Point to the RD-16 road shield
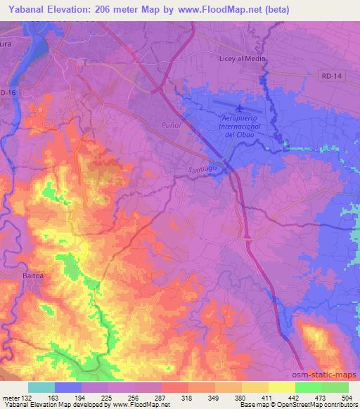[x=8, y=92]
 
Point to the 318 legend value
[x=188, y=397]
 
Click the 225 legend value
[x=108, y=397]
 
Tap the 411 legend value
[x=268, y=397]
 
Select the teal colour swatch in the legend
[x=41, y=387]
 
